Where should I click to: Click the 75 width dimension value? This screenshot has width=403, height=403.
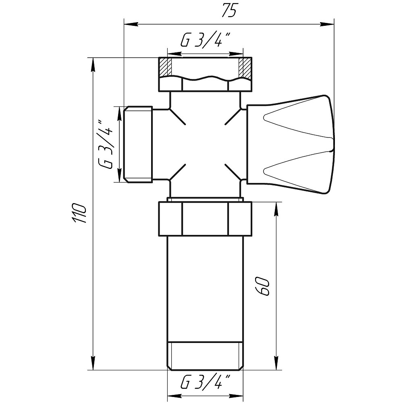tap(228, 11)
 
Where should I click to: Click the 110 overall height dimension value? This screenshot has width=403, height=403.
tap(80, 214)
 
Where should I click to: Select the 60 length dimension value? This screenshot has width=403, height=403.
tap(262, 287)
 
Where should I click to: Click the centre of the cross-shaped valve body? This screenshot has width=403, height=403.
tap(205, 144)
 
